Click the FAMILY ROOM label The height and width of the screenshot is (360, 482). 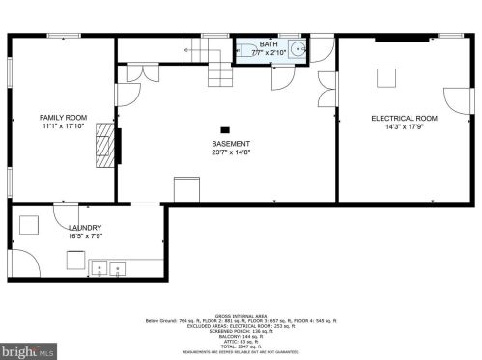[64, 117]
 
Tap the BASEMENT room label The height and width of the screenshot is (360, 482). [231, 144]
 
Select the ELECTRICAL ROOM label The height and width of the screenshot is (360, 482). [404, 118]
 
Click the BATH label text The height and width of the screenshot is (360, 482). [268, 44]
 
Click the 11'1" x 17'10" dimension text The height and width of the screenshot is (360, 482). [64, 125]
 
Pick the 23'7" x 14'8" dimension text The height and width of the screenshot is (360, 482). [231, 152]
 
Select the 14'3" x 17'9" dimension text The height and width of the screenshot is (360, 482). [404, 125]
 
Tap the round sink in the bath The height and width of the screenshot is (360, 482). [299, 47]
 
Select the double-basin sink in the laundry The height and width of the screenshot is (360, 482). [108, 266]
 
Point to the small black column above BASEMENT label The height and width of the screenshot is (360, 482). [225, 128]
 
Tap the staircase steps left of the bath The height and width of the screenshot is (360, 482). [220, 69]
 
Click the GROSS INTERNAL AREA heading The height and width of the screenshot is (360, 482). [241, 316]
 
